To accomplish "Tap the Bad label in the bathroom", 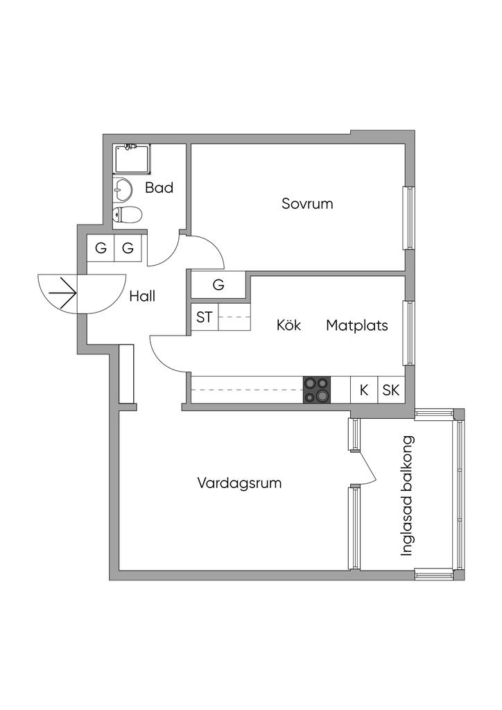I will point(159,188).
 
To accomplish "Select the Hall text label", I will point(142,296).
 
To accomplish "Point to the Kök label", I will point(288,324).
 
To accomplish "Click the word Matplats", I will point(357,324).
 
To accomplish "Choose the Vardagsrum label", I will point(239,483).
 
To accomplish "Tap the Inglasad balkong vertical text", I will point(408,495).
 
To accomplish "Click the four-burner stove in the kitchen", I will point(317,390).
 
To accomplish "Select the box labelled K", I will point(363,390).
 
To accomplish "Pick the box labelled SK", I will point(390,390).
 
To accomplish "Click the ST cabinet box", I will point(204,318).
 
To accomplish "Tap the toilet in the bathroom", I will point(128,214).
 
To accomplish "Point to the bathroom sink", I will point(123,188).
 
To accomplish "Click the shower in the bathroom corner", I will point(132,159).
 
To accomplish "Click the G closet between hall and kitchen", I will point(218,284).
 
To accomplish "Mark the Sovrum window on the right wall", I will point(410,218).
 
